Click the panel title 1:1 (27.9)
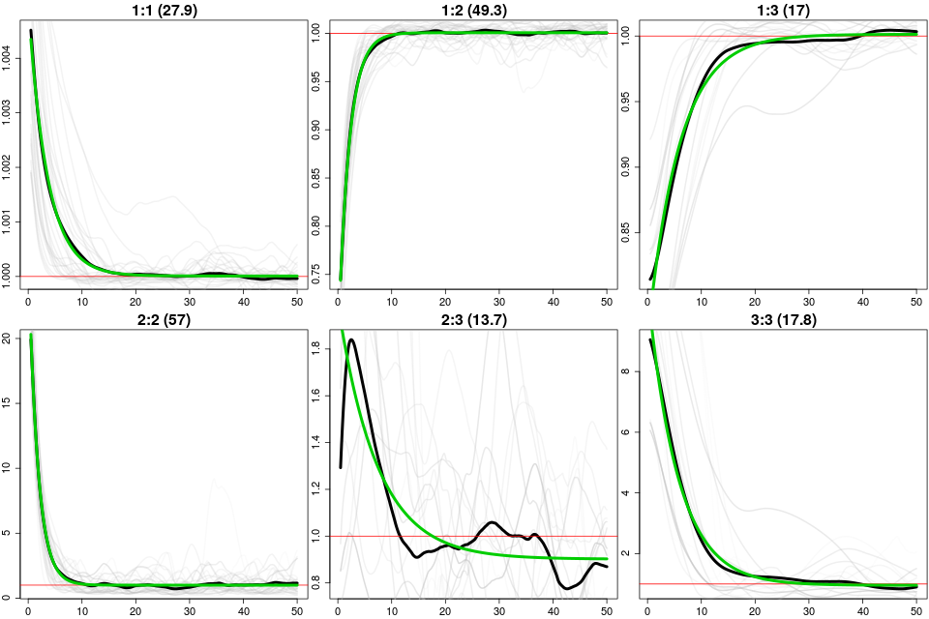(161, 11)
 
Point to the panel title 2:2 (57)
(161, 320)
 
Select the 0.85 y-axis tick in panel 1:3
(629, 231)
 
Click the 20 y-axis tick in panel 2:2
(10, 338)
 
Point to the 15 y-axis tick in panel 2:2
(10, 402)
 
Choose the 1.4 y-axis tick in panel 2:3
(319, 442)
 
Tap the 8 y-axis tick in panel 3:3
(629, 371)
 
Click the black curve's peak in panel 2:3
(350, 339)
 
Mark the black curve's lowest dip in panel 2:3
(568, 588)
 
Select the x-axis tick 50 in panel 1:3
(915, 294)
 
